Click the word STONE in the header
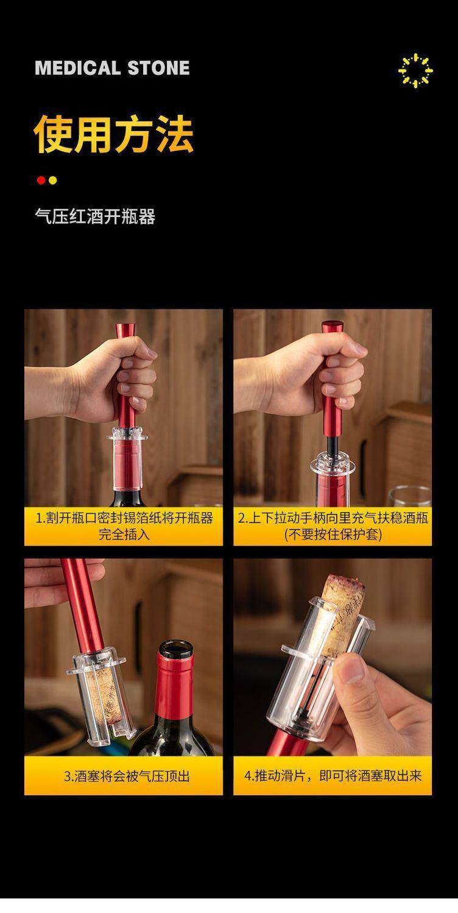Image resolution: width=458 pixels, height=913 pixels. (159, 68)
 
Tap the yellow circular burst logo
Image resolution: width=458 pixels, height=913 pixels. (415, 71)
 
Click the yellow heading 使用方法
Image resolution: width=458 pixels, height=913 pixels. (114, 134)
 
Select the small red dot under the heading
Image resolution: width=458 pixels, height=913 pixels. (41, 180)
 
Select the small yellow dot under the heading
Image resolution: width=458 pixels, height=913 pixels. (52, 180)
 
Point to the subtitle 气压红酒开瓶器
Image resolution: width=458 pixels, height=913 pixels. (95, 216)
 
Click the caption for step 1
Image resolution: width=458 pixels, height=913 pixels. (124, 526)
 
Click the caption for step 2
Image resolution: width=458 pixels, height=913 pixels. (333, 526)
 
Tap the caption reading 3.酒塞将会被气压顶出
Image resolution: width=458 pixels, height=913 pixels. (127, 776)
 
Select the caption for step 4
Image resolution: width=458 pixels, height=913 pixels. (333, 775)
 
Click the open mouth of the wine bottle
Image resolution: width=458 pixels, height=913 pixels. (175, 648)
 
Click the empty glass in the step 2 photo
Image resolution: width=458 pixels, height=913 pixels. (409, 497)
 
